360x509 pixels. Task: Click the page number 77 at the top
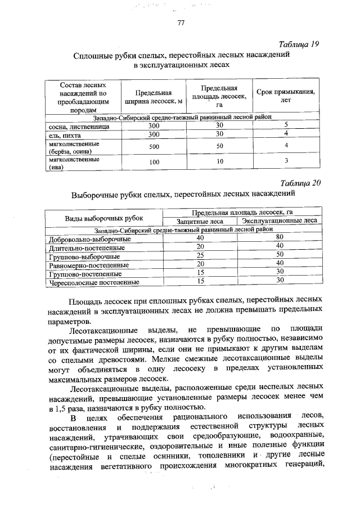[x=181, y=23]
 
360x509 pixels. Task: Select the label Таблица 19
[x=299, y=45]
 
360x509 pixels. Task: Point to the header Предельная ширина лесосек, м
[x=151, y=97]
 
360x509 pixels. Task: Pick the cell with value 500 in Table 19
[x=154, y=146]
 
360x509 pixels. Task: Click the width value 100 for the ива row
[x=154, y=162]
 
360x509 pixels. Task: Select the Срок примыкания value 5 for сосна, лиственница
[x=286, y=125]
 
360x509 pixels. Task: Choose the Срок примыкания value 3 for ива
[x=286, y=162]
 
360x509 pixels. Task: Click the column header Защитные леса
[x=200, y=222]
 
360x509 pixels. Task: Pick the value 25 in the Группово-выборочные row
[x=200, y=255]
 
